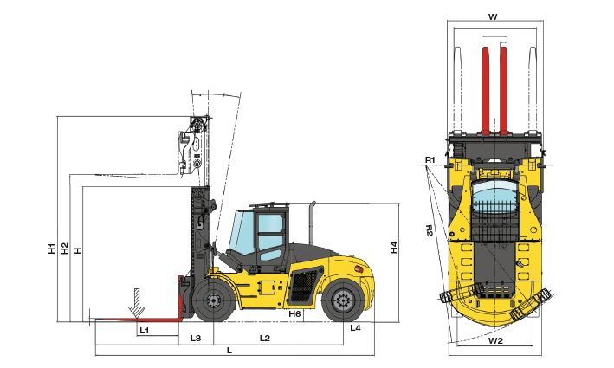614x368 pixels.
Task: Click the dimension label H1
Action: (x=52, y=249)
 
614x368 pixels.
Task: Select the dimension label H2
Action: (x=65, y=249)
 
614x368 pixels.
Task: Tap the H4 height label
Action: (x=393, y=247)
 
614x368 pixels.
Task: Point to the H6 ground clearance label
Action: (x=294, y=313)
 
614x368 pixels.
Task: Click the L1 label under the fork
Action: (x=145, y=330)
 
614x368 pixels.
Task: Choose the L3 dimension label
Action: (x=196, y=337)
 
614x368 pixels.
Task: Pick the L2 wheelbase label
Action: (x=265, y=337)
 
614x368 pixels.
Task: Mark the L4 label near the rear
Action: (x=355, y=328)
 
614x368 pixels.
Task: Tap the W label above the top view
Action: (x=493, y=16)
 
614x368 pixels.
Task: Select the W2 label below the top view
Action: (x=494, y=341)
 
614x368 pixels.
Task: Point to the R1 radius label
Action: (x=430, y=160)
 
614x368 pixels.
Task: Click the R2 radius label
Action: (x=430, y=230)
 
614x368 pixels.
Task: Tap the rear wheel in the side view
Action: (x=342, y=301)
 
